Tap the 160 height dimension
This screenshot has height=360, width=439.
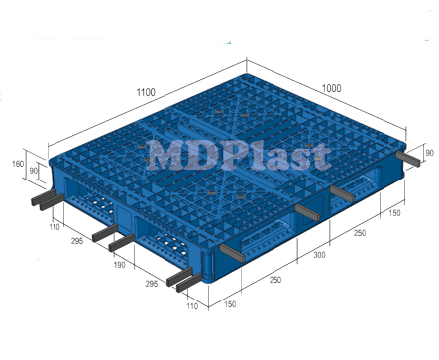coord(17,163)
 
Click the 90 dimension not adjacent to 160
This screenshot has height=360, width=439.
coord(428,153)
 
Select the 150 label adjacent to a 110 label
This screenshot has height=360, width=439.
coord(231,303)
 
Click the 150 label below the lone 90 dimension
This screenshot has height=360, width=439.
coord(394,212)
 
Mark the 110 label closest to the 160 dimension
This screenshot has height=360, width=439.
coord(54,227)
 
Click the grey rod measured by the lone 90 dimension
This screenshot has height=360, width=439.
coord(407,157)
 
